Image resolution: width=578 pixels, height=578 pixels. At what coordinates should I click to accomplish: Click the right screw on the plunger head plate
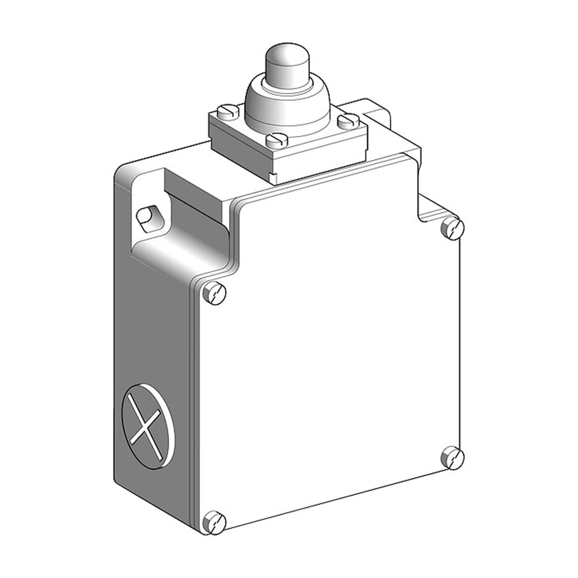(x=349, y=120)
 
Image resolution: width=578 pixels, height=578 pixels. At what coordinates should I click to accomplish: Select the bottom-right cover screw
(x=452, y=457)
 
